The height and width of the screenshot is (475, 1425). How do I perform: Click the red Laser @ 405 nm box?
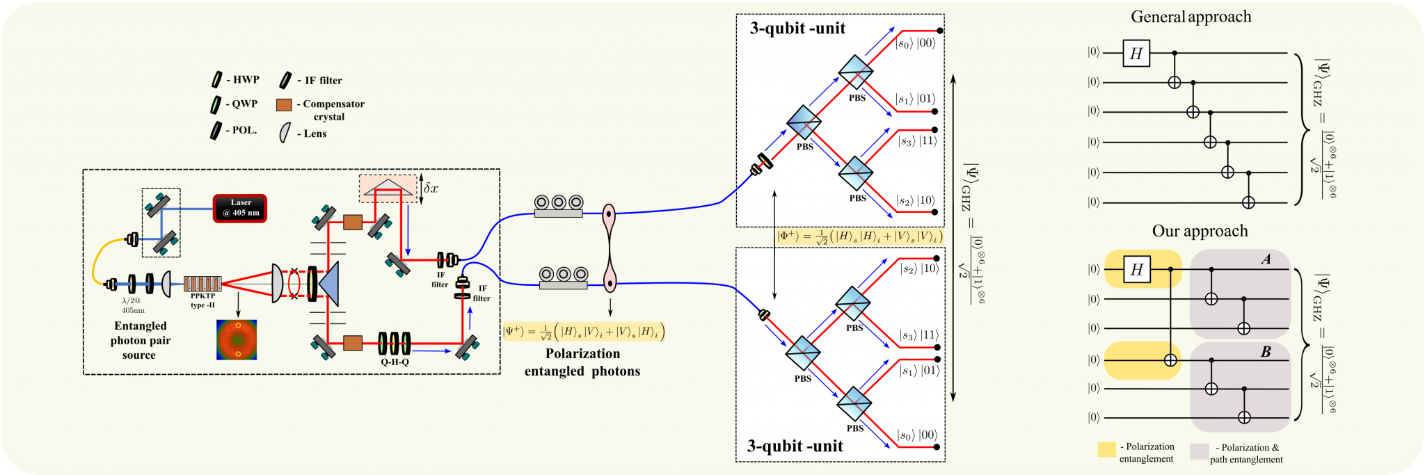[x=240, y=208]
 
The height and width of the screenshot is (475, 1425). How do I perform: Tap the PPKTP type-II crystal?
[x=202, y=283]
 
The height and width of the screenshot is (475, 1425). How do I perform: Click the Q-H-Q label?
[x=395, y=362]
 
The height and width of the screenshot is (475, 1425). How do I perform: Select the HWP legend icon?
[x=217, y=80]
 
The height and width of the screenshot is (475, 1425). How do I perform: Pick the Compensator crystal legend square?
[x=284, y=105]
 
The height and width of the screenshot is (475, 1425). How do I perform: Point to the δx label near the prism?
[x=431, y=188]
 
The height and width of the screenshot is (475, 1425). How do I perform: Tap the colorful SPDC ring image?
[x=237, y=339]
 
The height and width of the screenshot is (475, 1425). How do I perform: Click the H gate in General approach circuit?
[x=1136, y=54]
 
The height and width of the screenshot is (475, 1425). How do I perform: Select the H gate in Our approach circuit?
[x=1137, y=269]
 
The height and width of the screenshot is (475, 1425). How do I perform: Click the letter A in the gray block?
[x=1266, y=259]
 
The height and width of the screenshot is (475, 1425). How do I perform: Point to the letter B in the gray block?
[x=1266, y=352]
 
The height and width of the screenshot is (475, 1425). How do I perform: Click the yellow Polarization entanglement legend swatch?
[x=1106, y=449]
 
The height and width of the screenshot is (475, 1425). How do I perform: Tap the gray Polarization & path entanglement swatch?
[x=1199, y=451]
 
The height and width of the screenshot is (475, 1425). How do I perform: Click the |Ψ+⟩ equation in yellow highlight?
[x=583, y=332]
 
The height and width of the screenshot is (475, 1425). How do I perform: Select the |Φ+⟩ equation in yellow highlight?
[x=859, y=236]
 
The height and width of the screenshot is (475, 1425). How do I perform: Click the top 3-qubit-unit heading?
[x=797, y=29]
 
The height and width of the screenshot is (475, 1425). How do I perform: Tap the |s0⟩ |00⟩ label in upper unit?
[x=916, y=43]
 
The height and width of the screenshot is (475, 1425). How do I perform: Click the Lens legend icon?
[x=285, y=133]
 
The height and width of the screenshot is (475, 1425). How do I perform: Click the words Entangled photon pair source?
[x=140, y=340]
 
